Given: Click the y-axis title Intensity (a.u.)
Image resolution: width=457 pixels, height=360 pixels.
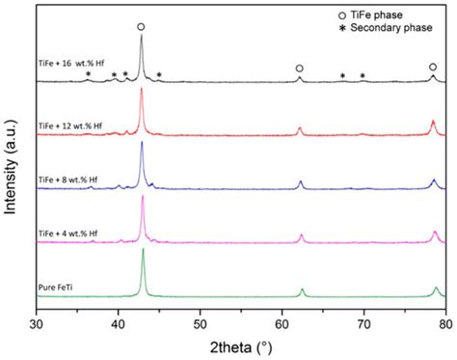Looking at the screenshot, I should (x=12, y=164).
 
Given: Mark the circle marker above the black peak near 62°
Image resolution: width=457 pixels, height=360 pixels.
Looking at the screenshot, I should (x=299, y=69).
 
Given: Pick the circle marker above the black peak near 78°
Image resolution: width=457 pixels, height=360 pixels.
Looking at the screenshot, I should (x=432, y=67).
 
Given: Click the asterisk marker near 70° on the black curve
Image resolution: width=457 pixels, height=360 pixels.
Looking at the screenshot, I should (x=363, y=76).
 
